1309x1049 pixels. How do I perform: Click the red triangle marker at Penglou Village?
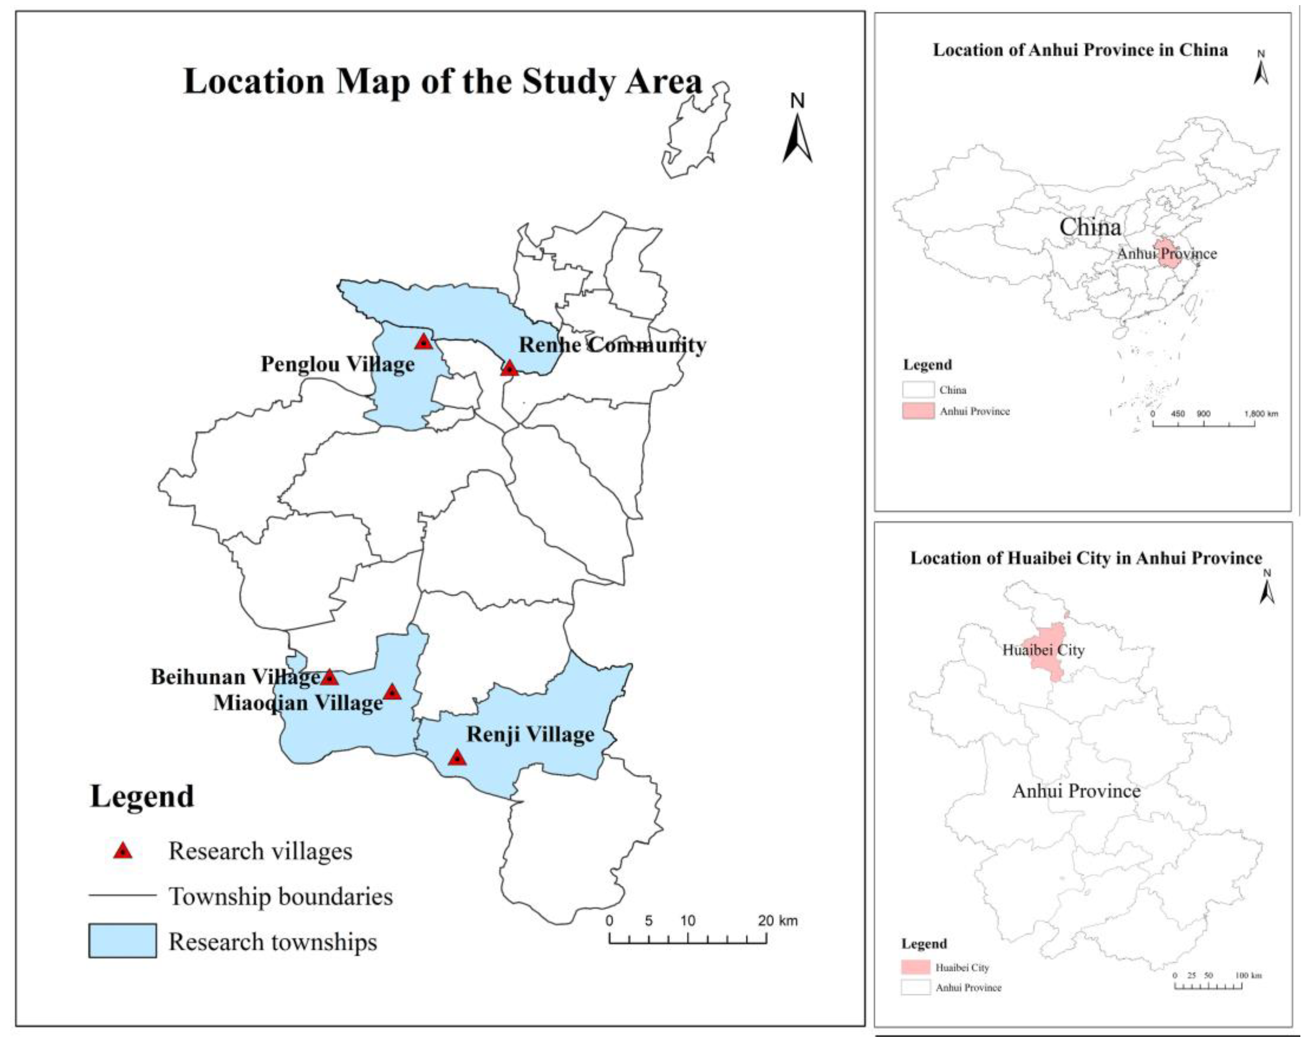click(x=424, y=342)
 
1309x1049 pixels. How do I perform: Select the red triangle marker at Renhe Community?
click(x=509, y=368)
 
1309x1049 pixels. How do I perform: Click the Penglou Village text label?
click(x=337, y=364)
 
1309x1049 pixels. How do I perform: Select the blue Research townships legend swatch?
click(x=123, y=941)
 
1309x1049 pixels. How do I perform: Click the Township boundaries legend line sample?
click(x=123, y=895)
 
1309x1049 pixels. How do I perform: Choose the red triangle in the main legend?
click(x=123, y=851)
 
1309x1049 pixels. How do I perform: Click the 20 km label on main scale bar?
click(x=777, y=921)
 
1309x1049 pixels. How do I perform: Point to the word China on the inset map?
click(x=1090, y=227)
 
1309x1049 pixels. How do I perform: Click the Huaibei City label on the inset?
click(x=1043, y=650)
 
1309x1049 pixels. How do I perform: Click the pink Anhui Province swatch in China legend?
click(x=918, y=411)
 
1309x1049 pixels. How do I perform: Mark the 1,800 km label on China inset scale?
click(x=1261, y=414)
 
